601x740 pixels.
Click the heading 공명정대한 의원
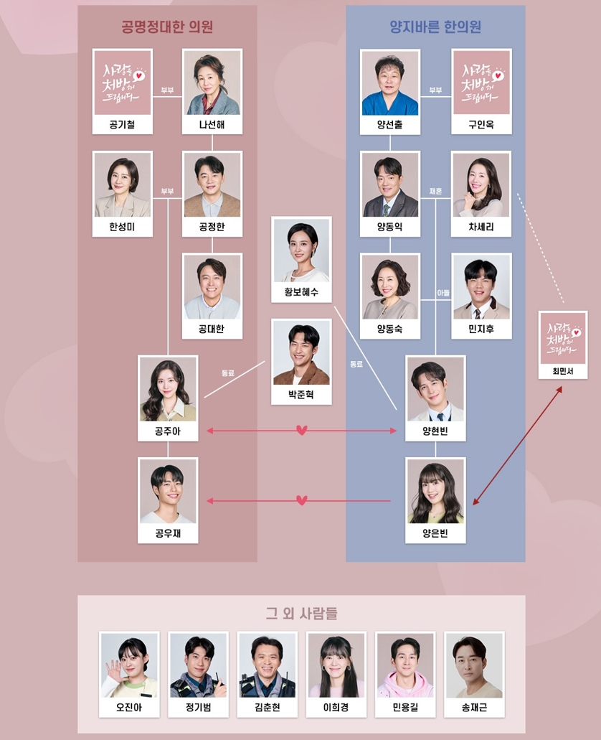point(167,28)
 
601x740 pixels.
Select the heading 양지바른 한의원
point(435,28)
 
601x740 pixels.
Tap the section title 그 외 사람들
point(301,614)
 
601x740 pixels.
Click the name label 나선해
point(212,125)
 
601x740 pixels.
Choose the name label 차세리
point(481,228)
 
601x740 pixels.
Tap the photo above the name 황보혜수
point(301,250)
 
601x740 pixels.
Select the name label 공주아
point(168,431)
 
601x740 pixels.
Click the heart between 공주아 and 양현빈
point(302,431)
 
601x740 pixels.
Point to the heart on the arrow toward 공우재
point(302,500)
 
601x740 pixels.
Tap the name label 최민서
point(563,371)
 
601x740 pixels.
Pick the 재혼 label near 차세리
point(435,192)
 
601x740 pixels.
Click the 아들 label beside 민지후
point(443,293)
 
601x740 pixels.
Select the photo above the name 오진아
point(130,665)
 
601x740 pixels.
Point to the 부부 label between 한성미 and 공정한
point(167,192)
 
